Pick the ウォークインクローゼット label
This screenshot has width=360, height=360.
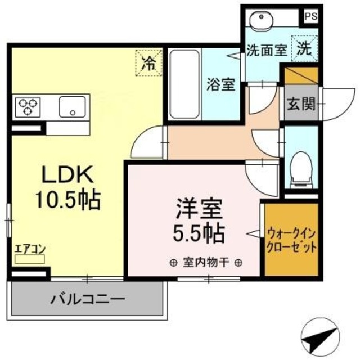click(291, 239)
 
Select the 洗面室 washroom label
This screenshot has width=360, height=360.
click(267, 49)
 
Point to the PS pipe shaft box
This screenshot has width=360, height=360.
click(310, 17)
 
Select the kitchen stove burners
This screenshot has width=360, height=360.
click(28, 106)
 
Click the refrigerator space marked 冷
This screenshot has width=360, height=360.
click(148, 61)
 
